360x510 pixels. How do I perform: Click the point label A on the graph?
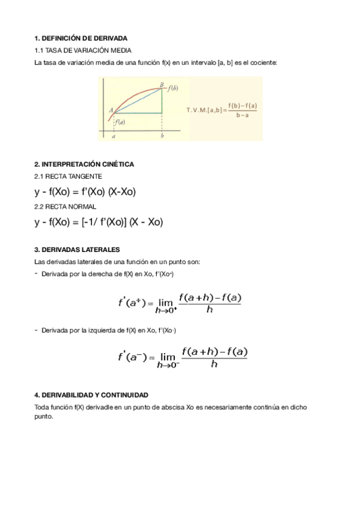click(x=112, y=109)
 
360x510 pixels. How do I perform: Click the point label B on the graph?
click(x=162, y=84)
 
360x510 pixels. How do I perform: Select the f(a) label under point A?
click(x=120, y=121)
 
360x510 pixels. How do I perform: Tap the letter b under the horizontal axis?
click(x=162, y=136)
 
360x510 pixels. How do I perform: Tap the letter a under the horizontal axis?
click(x=114, y=136)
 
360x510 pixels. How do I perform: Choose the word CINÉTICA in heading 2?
click(x=117, y=164)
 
